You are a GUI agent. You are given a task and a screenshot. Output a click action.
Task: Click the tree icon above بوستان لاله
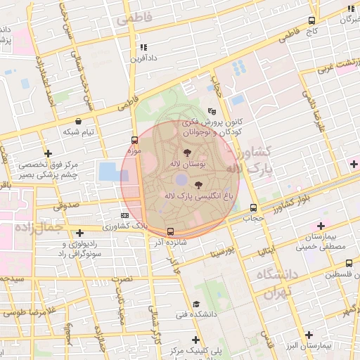click(x=187, y=152)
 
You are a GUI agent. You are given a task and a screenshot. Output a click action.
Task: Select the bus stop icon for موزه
click(x=135, y=140)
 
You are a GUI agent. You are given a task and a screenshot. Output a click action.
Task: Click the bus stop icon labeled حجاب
click(x=253, y=207)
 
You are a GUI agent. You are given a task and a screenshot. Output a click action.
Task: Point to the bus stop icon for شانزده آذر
click(x=170, y=231)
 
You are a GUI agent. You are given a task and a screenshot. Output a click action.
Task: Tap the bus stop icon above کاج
click(x=312, y=21)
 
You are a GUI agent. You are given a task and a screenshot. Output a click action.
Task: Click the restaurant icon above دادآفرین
click(x=143, y=47)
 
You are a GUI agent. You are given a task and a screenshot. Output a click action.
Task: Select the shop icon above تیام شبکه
click(x=78, y=122)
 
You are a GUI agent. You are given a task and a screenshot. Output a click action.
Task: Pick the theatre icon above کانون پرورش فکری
click(x=212, y=111)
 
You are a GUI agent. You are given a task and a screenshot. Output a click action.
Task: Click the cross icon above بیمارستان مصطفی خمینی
click(x=321, y=226)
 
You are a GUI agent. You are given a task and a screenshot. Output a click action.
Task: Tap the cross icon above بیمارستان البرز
click(x=307, y=335)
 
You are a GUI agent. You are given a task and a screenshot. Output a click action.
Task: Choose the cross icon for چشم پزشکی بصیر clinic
click(x=48, y=153)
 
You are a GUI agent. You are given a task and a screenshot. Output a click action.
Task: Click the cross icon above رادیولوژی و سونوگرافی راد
click(x=79, y=233)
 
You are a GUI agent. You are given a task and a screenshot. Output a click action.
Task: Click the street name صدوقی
click(x=66, y=206)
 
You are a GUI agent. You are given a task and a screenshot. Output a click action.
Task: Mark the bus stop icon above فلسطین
click(x=347, y=263)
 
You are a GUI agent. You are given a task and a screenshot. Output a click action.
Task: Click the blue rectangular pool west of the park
click(x=109, y=171)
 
